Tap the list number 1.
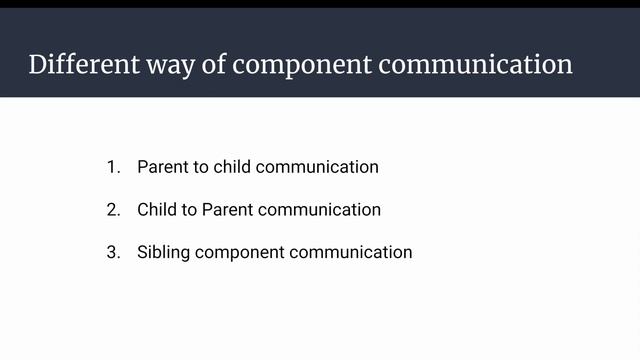click(113, 167)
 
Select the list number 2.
click(113, 210)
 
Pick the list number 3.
click(113, 252)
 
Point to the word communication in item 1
click(317, 167)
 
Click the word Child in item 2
click(157, 210)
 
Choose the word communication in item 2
click(319, 210)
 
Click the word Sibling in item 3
click(164, 252)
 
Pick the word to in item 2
click(189, 210)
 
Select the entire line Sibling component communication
click(274, 252)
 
